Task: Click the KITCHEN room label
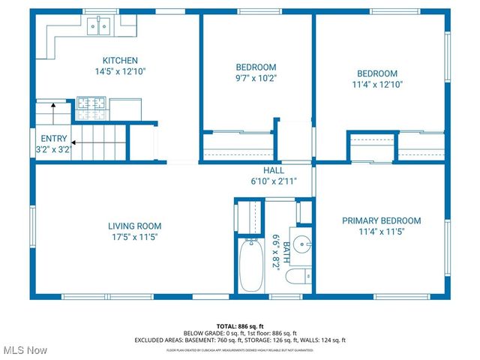[x=119, y=61]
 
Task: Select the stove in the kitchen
[x=91, y=107]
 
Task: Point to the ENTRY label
[x=54, y=139]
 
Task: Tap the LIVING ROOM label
[x=134, y=226]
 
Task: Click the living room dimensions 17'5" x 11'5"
[x=134, y=237]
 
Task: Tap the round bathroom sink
[x=301, y=244]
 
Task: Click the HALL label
[x=273, y=170]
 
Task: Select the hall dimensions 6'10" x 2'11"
[x=274, y=181]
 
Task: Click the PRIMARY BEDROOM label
[x=381, y=220]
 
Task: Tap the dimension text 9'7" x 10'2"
[x=256, y=77]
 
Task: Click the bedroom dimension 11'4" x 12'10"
[x=376, y=85]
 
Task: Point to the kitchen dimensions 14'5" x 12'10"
[x=119, y=72]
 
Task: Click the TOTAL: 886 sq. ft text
[x=240, y=326]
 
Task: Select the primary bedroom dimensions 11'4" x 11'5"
[x=381, y=232]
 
